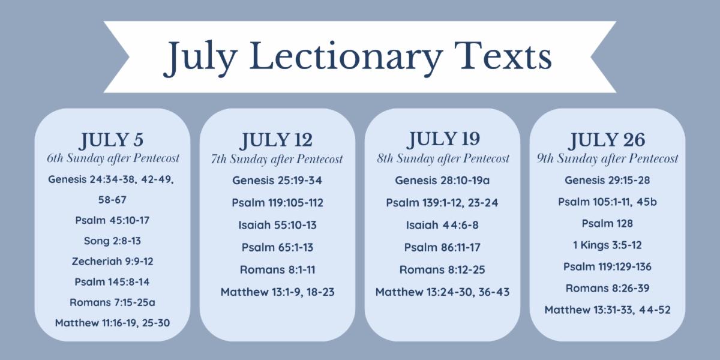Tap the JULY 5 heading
[x=111, y=140]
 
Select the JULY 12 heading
[x=277, y=140]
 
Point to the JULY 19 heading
[x=443, y=139]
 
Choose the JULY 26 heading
[x=607, y=140]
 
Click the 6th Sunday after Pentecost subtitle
[x=113, y=158]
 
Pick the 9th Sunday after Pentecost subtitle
[x=607, y=158]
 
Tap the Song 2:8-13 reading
[x=113, y=241]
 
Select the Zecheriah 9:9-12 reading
[x=113, y=262]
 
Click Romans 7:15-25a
[x=113, y=302]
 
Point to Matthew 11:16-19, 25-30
[x=113, y=323]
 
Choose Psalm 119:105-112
[x=277, y=203]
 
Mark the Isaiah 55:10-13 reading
[x=277, y=225]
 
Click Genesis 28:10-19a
[x=442, y=181]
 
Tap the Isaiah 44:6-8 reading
[x=442, y=225]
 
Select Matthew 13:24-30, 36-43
[x=443, y=292]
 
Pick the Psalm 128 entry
[x=607, y=223]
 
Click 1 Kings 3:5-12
[x=607, y=245]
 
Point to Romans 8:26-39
[x=607, y=289]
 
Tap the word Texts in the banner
[x=503, y=56]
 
